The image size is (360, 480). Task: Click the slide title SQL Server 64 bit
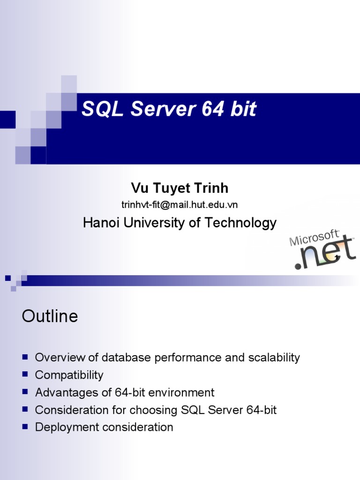169,109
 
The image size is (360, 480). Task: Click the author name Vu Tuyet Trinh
180,188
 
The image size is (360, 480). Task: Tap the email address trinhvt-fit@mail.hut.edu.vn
180,204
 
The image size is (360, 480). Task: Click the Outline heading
50,316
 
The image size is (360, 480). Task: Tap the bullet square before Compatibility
25,375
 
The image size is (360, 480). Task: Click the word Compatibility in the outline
69,375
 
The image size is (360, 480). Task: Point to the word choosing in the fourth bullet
154,410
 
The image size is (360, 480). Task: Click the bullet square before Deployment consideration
25,427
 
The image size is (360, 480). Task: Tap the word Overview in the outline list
60,358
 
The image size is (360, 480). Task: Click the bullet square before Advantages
25,392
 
